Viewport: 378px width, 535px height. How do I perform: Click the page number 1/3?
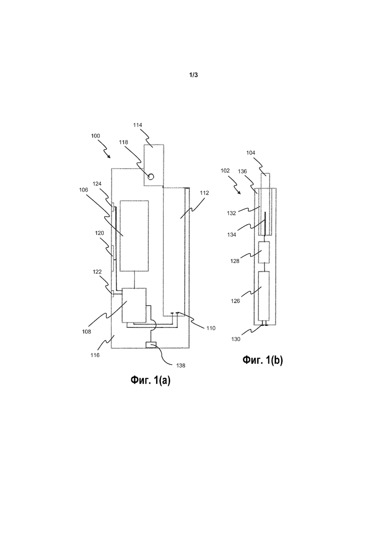(x=193, y=75)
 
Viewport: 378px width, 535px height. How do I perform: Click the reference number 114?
(x=138, y=125)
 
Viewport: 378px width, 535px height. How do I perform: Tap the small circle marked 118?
(x=151, y=177)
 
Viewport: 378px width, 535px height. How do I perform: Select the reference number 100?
(x=95, y=136)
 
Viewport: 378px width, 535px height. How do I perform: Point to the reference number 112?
(x=204, y=193)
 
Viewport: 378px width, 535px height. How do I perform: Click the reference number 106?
(x=84, y=190)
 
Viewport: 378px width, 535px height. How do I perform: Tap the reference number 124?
(x=97, y=184)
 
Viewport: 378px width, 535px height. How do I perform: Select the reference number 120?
(x=99, y=233)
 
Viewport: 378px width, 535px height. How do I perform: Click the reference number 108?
(x=87, y=331)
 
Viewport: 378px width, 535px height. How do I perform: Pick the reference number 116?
(x=95, y=355)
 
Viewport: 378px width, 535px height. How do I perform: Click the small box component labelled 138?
(x=151, y=345)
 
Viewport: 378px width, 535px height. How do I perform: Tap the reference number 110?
(x=211, y=328)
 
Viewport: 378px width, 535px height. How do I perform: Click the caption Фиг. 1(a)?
(x=150, y=380)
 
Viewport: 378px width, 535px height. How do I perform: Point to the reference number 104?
(x=251, y=153)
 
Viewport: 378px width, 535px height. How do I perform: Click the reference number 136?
(x=243, y=171)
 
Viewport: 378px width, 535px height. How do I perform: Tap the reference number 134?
(x=232, y=235)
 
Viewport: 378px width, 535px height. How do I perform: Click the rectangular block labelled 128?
(x=264, y=252)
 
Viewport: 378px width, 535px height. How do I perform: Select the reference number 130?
(x=236, y=339)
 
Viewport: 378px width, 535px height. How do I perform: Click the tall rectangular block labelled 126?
(x=264, y=296)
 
